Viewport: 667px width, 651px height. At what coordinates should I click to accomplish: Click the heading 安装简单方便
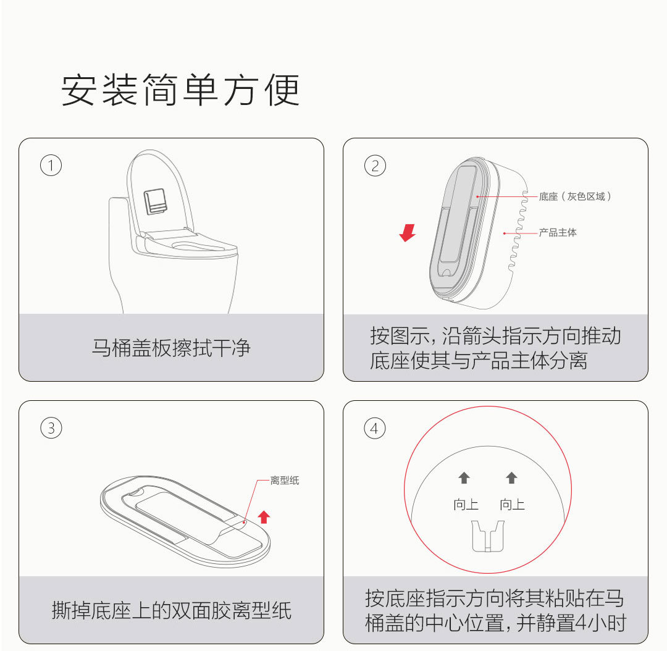coord(180,90)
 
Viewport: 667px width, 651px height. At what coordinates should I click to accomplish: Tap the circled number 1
coord(51,166)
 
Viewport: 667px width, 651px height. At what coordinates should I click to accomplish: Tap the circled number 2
coord(375,166)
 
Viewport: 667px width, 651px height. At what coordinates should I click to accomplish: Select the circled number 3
coord(51,428)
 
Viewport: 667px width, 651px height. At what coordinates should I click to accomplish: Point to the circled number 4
coord(375,428)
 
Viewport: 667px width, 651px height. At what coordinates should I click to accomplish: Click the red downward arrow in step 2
coord(408,233)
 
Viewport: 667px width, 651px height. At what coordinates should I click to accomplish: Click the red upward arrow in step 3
coord(264,516)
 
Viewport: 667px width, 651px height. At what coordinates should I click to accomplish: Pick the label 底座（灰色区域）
coord(575,196)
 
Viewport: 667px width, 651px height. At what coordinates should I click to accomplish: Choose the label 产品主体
coord(558,233)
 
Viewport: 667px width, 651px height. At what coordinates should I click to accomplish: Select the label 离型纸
coord(285,481)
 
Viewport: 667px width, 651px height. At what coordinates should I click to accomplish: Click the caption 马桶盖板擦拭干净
coord(172,348)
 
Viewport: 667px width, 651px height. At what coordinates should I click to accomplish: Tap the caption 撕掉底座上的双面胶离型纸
coord(172,611)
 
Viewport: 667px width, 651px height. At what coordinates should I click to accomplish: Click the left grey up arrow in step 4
coord(464,478)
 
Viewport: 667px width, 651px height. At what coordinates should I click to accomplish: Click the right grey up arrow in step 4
coord(511,478)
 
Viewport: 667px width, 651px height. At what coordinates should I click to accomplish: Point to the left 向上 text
coord(466,505)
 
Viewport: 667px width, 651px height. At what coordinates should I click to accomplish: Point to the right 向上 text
coord(512,505)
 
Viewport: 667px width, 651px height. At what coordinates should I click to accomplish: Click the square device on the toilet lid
coord(155,202)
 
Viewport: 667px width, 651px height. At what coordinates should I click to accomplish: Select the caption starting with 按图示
coord(495,348)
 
